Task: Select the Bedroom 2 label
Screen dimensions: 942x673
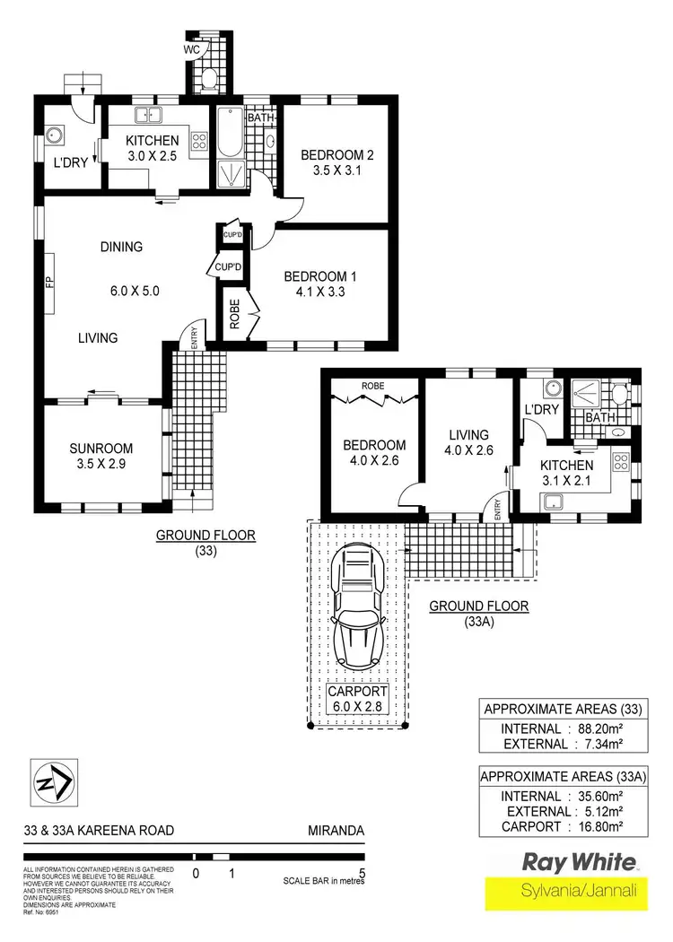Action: (336, 154)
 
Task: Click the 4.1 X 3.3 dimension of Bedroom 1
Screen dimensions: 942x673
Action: (321, 292)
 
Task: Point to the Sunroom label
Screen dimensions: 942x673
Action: (101, 449)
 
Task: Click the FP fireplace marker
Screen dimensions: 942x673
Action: (50, 283)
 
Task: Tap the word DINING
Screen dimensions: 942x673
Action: (121, 247)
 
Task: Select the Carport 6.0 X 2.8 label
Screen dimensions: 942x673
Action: (357, 700)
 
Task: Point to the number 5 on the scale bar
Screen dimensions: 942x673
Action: (363, 871)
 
